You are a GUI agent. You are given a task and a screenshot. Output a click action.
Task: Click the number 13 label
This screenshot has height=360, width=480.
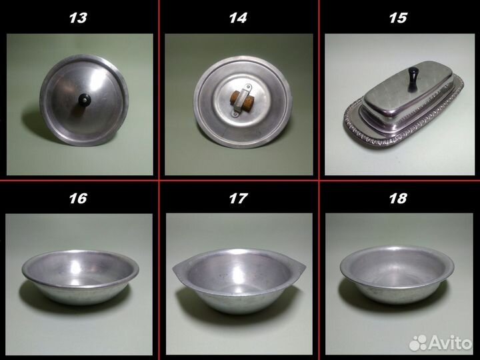coord(78,18)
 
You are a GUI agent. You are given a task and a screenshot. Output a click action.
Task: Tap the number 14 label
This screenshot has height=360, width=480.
coord(238,18)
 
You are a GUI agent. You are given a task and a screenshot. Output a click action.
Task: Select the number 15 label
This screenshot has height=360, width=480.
coord(398,18)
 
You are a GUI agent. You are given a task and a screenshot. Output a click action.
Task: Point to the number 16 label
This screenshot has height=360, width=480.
coord(78,199)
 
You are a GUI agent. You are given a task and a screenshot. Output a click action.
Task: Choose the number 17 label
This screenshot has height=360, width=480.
coord(238,199)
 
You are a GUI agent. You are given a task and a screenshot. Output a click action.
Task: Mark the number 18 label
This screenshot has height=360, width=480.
coord(398,199)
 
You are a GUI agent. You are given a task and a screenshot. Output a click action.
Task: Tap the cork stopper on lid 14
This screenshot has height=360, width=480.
coord(243,100)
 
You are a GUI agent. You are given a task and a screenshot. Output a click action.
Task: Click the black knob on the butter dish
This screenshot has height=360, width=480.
coord(413,79)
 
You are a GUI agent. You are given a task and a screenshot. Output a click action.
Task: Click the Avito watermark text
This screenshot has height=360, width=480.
coord(450,342)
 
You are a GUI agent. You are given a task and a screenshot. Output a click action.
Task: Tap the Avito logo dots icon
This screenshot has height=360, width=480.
coord(418,343)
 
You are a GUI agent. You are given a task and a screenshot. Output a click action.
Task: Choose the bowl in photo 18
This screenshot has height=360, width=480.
coord(397,273)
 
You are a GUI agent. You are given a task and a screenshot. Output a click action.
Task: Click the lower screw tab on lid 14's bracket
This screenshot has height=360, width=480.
coord(235,114)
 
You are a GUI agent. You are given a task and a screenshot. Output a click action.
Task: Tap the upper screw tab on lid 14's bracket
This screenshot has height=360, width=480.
coord(249,88)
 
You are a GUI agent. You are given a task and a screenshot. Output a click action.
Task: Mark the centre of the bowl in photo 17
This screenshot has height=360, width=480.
coord(239,280)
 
